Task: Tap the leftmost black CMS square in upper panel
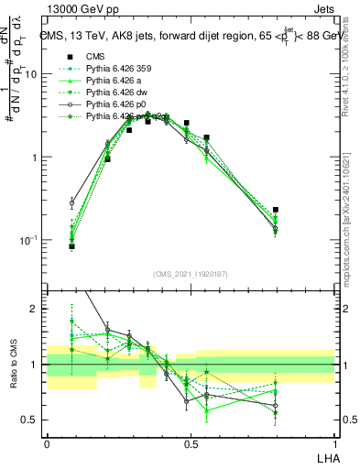click(x=71, y=246)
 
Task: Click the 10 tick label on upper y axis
click(x=31, y=74)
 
